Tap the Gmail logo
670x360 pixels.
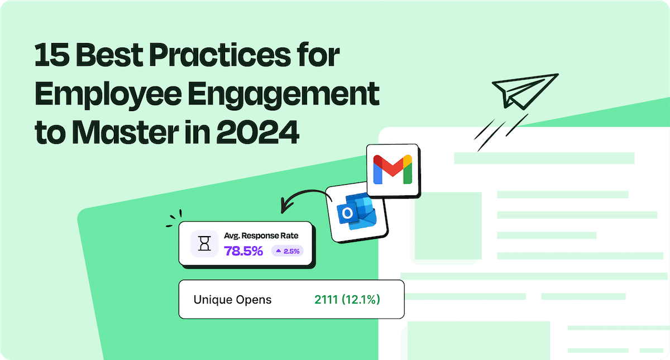[393, 170]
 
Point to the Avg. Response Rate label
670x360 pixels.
[261, 236]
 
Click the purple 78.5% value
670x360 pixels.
[243, 251]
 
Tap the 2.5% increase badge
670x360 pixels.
[288, 251]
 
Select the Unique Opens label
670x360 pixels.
[232, 300]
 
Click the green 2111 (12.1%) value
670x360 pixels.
[347, 300]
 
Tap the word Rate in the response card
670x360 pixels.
[289, 236]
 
